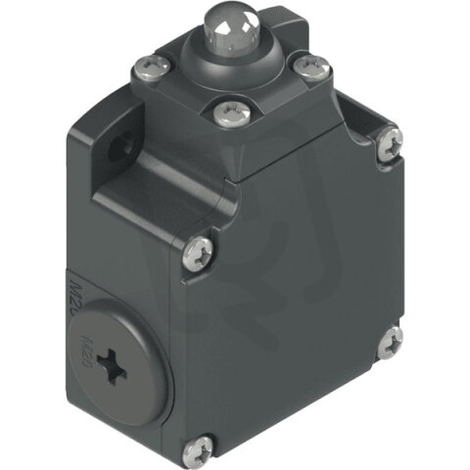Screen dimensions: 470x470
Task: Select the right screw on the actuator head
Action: click(310, 67)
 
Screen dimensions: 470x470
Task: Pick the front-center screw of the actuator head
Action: click(232, 115)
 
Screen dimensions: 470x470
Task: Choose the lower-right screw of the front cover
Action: click(389, 341)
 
